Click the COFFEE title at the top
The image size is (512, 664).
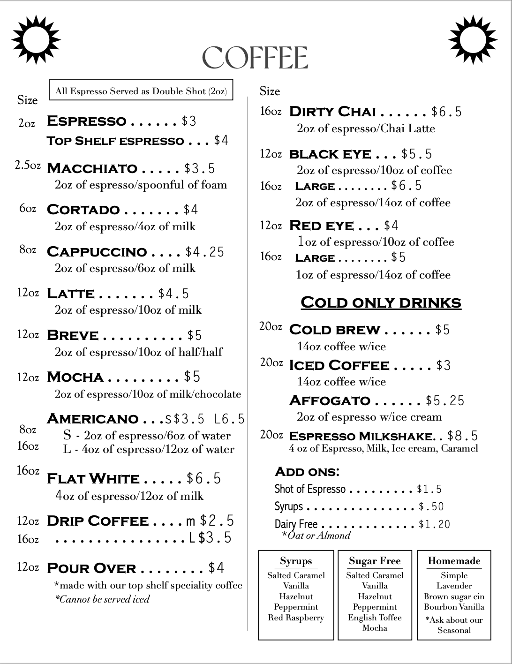[x=255, y=58]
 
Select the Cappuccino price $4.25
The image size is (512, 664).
[x=205, y=252]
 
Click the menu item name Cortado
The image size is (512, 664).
[x=83, y=210]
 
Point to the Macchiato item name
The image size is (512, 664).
[x=92, y=168]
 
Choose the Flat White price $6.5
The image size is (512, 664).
[x=203, y=478]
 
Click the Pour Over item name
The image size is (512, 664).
[x=91, y=568]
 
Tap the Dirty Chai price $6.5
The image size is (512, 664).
[x=446, y=112]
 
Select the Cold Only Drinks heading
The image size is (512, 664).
[x=381, y=302]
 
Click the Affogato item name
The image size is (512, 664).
[x=330, y=400]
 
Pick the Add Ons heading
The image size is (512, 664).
[x=307, y=471]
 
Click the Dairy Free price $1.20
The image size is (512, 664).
[x=434, y=524]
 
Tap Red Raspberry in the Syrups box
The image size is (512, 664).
[x=296, y=618]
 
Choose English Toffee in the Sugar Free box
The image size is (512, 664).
[x=375, y=618]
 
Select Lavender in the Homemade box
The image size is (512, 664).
[x=454, y=586]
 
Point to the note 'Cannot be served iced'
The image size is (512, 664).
[x=102, y=599]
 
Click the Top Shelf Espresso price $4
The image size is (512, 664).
[x=221, y=140]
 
